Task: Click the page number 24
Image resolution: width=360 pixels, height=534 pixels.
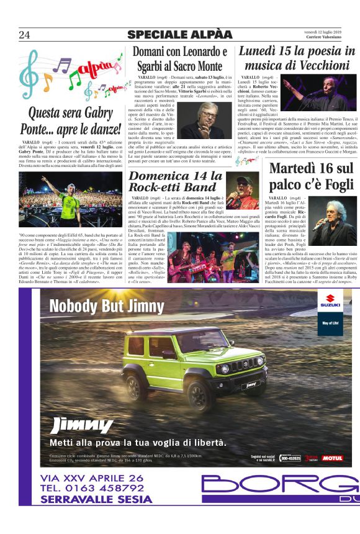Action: pos(24,34)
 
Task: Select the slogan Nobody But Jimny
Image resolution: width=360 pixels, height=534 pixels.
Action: pos(107,306)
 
